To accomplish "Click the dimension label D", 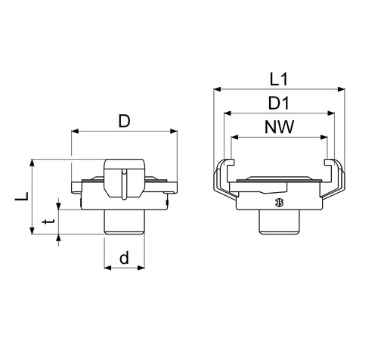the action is pos(124,121).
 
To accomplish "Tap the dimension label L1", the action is pos(279,80).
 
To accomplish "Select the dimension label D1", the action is pos(278,103).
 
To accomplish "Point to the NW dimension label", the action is pos(279,127).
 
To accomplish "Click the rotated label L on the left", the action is pos(22,197).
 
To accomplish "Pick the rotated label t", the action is pos(48,222).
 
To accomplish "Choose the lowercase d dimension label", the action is pos(124,258).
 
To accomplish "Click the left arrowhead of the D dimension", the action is pos(75,131).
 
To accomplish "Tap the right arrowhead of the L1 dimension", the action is pos(341,89).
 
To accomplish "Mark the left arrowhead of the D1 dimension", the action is pos(228,113).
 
